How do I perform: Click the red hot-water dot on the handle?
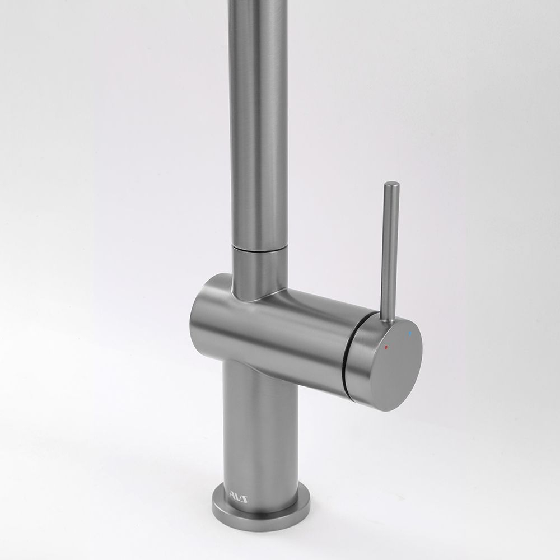coord(386,347)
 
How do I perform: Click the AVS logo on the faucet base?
coord(238,498)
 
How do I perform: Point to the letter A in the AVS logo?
coord(232,496)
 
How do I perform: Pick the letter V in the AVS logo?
coord(238,498)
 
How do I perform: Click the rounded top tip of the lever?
coord(391,184)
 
